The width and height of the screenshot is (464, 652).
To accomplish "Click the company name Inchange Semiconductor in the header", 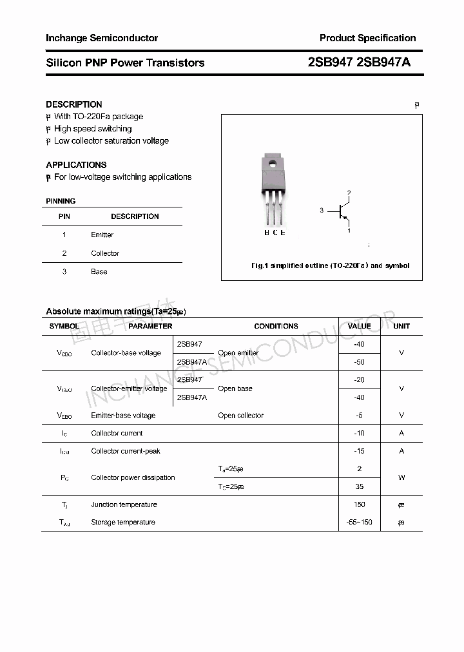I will coord(102,38).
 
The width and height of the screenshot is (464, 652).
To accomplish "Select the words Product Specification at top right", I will coord(367,38).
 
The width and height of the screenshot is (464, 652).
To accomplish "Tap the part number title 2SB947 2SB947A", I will coord(359,62).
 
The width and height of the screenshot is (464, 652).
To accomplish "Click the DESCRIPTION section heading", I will coord(74,104).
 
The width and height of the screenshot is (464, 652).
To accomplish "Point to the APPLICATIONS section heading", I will coord(76,165).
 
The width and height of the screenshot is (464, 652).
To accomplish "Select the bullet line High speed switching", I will coord(93,129).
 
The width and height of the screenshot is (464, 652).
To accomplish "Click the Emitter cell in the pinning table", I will coord(102,235).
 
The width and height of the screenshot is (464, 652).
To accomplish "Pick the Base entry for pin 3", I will coord(99,272).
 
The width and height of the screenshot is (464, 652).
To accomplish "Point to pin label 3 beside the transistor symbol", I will coord(322,211).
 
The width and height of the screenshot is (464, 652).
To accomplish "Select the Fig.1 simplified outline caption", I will coord(329,265).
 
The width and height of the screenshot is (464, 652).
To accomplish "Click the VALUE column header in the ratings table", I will coord(359,326).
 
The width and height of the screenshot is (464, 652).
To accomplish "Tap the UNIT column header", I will coord(401,326).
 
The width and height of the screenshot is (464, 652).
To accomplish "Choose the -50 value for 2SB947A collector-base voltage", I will coord(359,362).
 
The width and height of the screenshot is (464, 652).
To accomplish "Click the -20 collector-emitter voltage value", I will coord(359,380).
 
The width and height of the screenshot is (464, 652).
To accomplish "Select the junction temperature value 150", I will coord(359,504).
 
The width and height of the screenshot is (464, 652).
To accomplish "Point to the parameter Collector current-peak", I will coord(126,451).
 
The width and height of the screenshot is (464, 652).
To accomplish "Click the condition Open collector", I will coord(240,416).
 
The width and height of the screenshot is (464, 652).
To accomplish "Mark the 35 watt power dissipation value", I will coord(359,486).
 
